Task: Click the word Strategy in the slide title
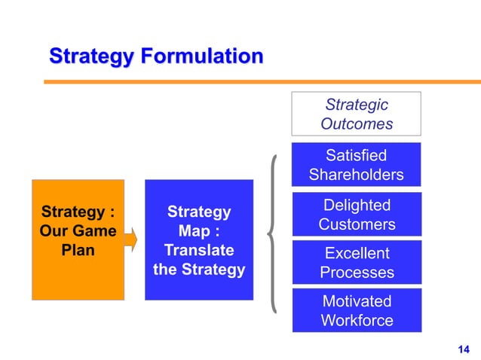[x=90, y=56]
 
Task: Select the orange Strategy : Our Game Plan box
[x=78, y=239]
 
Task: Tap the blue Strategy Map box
[x=199, y=239]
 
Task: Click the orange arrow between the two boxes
[x=132, y=240]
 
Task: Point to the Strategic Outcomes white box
[x=357, y=114]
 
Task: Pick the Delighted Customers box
[x=357, y=215]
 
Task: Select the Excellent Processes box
[x=357, y=263]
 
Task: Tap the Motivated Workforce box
[x=357, y=310]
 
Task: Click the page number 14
[x=463, y=347]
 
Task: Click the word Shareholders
[x=357, y=175]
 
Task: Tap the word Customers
[x=357, y=224]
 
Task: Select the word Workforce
[x=357, y=320]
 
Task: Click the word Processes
[x=357, y=272]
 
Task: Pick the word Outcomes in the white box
[x=357, y=124]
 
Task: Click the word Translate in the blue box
[x=199, y=250]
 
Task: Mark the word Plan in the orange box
[x=78, y=250]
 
